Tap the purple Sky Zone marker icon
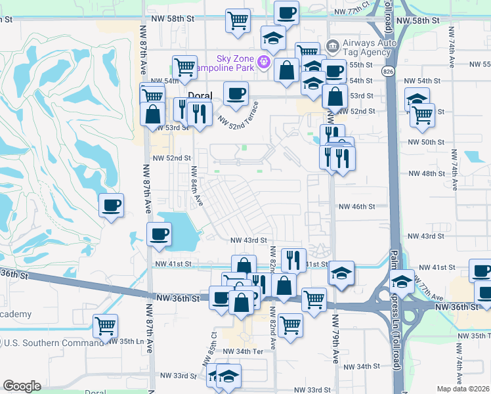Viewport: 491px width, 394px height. (265, 62)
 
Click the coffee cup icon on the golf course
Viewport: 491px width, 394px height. (111, 206)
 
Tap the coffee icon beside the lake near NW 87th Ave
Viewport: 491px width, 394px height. (158, 234)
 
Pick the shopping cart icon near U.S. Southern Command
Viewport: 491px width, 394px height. (105, 326)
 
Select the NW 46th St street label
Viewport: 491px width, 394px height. (356, 206)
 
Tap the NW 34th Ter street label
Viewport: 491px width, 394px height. (243, 351)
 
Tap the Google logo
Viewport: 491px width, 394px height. (22, 386)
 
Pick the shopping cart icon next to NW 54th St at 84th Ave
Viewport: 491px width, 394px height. (185, 67)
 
